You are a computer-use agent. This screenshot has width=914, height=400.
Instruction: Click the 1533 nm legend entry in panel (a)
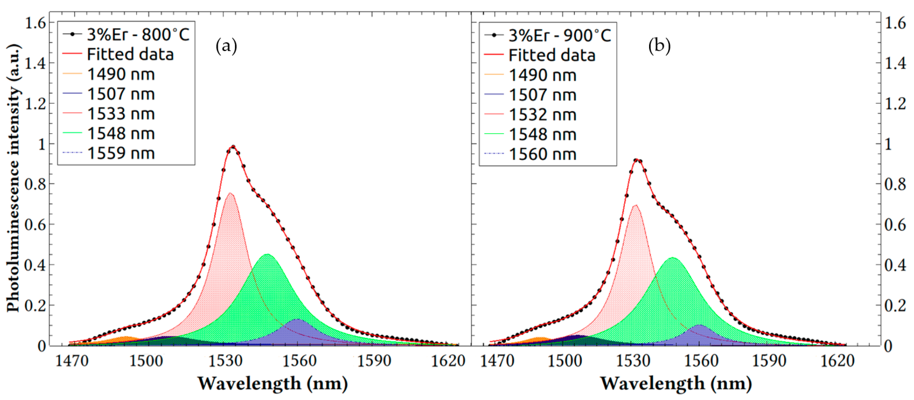click(121, 114)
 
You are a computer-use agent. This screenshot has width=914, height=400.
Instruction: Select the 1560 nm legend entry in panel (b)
click(542, 154)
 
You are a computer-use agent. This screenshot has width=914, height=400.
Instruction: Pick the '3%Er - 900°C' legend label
click(559, 35)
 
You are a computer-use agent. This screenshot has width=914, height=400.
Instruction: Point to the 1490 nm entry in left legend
click(121, 74)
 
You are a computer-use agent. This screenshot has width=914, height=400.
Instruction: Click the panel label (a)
click(226, 46)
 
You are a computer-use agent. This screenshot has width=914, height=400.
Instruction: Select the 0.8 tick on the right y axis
click(895, 184)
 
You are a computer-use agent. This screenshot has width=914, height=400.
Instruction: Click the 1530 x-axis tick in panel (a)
click(225, 361)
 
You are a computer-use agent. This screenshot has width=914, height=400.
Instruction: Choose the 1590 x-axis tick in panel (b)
click(769, 361)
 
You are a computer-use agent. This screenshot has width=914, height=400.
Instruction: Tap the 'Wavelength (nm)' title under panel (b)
click(675, 384)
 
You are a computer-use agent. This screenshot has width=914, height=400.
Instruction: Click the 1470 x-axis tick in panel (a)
click(72, 361)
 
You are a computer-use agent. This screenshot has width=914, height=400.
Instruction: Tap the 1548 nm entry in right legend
click(542, 134)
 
